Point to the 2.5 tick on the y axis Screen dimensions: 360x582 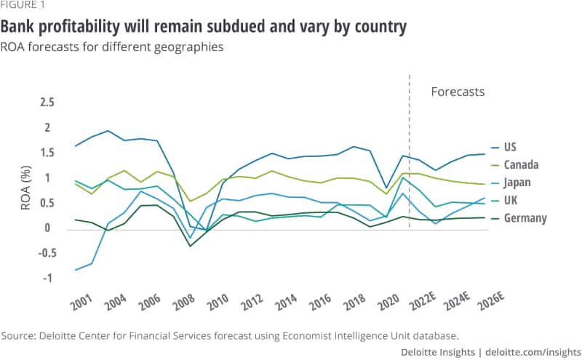pyautogui.click(x=47, y=103)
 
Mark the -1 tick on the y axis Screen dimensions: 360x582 pyautogui.click(x=49, y=279)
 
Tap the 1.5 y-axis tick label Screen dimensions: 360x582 pyautogui.click(x=47, y=153)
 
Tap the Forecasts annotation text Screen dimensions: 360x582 pyautogui.click(x=458, y=92)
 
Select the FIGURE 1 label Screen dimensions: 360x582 pyautogui.click(x=23, y=7)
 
